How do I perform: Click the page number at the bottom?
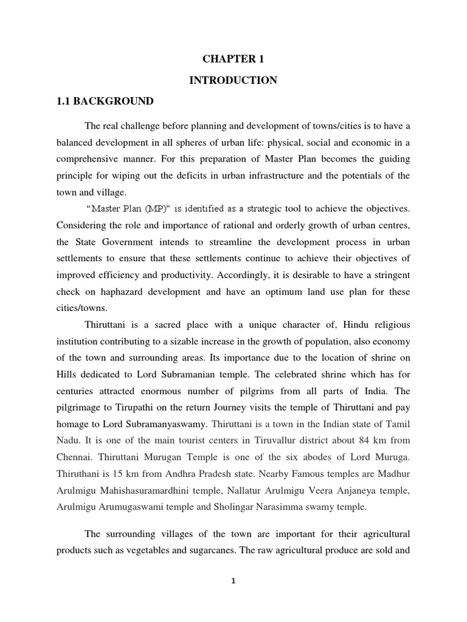[x=233, y=581]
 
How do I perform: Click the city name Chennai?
[x=76, y=437]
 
